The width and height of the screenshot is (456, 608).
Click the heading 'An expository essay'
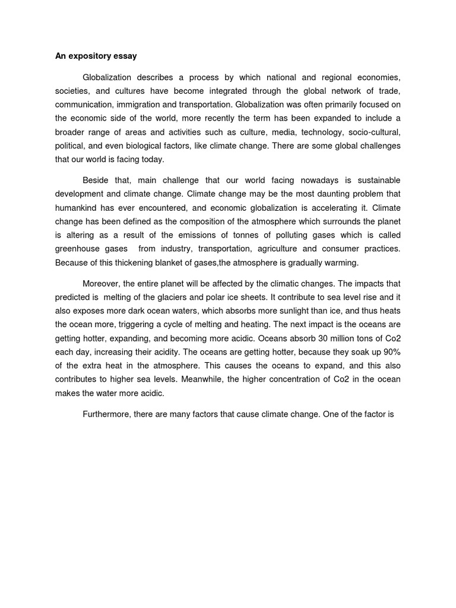[96, 56]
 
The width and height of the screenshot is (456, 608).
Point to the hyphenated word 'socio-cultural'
[373, 132]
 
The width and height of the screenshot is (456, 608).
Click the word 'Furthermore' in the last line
[105, 414]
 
